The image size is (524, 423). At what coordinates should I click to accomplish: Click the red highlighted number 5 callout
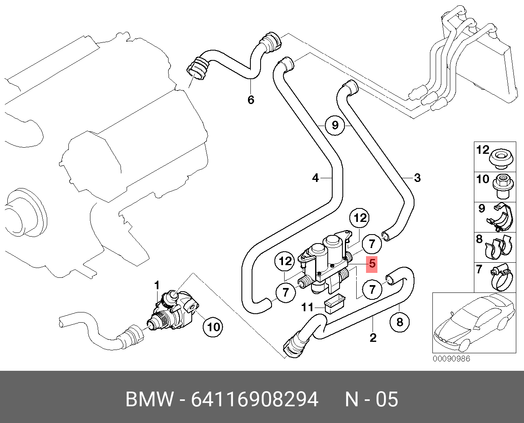[x=372, y=264]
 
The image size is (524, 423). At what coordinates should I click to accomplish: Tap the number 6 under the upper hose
[x=251, y=100]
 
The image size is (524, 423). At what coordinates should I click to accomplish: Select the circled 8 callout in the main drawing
[x=399, y=322]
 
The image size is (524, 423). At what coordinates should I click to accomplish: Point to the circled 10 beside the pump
[x=213, y=327]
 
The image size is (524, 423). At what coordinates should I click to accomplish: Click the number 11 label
[x=307, y=307]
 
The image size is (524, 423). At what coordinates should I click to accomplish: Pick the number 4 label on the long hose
[x=316, y=178]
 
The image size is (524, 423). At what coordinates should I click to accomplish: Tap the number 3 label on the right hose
[x=417, y=178]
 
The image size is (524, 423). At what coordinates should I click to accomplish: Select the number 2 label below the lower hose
[x=373, y=338]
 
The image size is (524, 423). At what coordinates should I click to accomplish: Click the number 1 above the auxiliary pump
[x=157, y=285]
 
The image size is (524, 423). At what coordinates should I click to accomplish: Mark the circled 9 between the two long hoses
[x=335, y=125]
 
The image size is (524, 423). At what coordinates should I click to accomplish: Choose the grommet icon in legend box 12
[x=501, y=158]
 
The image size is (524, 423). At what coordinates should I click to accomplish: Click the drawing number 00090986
[x=451, y=359]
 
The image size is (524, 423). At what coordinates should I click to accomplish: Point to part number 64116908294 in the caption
[x=254, y=399]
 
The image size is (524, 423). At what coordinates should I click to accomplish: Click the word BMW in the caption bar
[x=149, y=399]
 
